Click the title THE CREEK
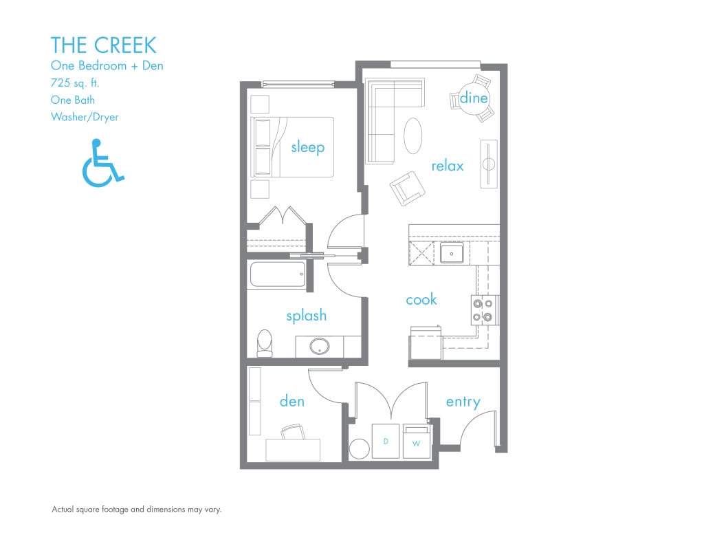(x=103, y=45)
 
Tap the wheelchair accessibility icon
(x=102, y=163)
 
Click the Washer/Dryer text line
(x=85, y=117)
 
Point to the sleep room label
(x=307, y=147)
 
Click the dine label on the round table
(x=474, y=98)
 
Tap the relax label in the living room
(x=448, y=166)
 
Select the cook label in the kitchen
(x=421, y=300)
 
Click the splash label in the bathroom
(x=306, y=316)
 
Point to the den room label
(x=292, y=401)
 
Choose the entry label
(x=463, y=402)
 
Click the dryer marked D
(x=386, y=441)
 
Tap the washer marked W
(x=416, y=442)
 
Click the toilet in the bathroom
(x=265, y=343)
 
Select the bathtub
(x=277, y=275)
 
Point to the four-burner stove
(x=483, y=309)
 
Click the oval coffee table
(x=413, y=136)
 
